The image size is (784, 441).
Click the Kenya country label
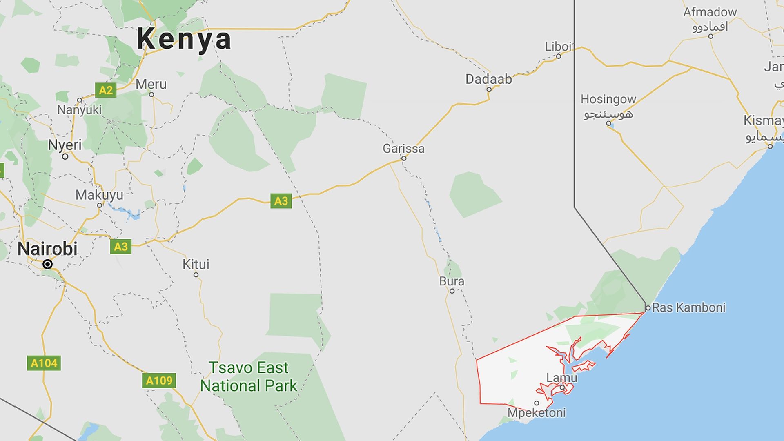point(184,39)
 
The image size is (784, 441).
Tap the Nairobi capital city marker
point(48,264)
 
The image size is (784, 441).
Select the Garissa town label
point(403,148)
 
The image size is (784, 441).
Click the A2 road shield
point(106,90)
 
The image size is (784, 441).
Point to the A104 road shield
point(44,363)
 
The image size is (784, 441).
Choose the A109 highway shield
point(159,381)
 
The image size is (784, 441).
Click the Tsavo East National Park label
point(249,376)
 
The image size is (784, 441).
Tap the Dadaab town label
point(488,79)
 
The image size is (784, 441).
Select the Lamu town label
point(562,378)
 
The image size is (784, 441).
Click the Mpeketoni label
point(537,413)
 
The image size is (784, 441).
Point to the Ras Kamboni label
point(689,307)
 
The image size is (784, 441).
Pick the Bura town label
point(452,281)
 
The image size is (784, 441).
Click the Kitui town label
point(196,264)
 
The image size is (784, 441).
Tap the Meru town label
point(151,84)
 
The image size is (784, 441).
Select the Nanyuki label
point(79,109)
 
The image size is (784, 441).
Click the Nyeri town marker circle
point(65,156)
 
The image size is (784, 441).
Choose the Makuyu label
point(99,195)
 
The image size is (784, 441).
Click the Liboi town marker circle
point(559,56)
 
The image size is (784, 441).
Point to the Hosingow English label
point(608,99)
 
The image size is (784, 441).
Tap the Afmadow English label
point(710,12)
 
